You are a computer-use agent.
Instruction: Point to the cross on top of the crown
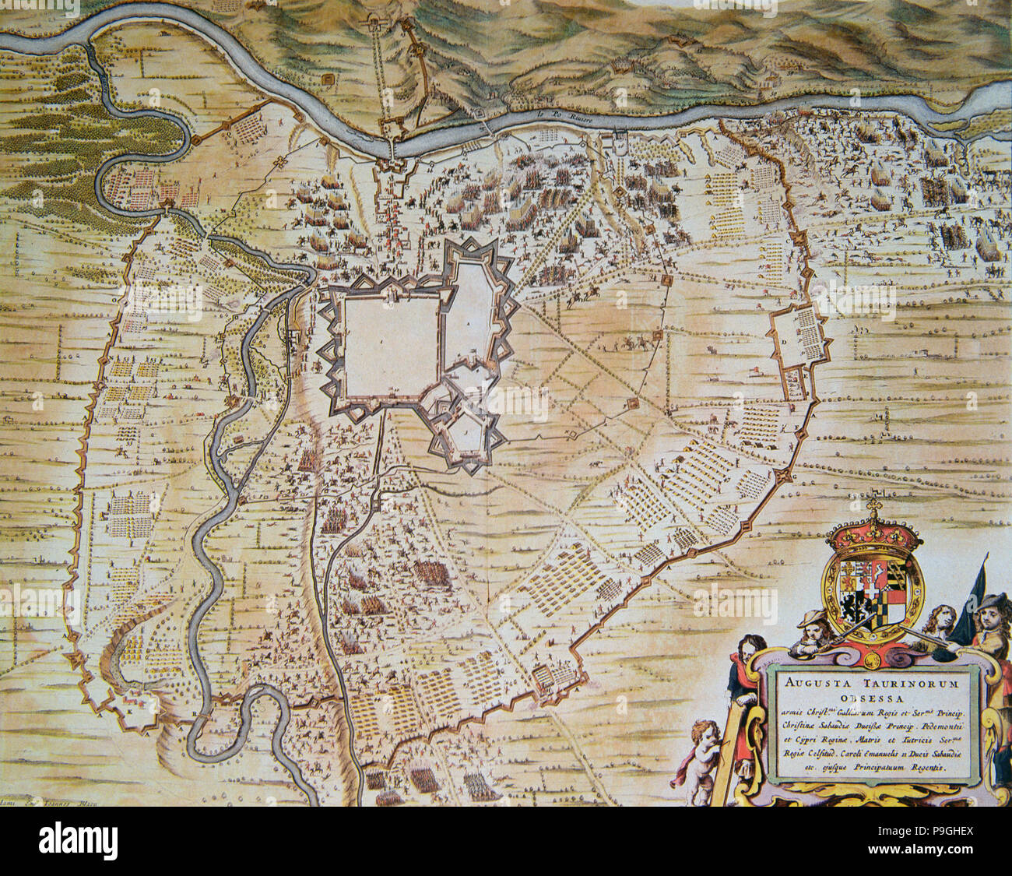[873, 507]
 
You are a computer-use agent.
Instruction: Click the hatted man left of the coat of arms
[809, 629]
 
